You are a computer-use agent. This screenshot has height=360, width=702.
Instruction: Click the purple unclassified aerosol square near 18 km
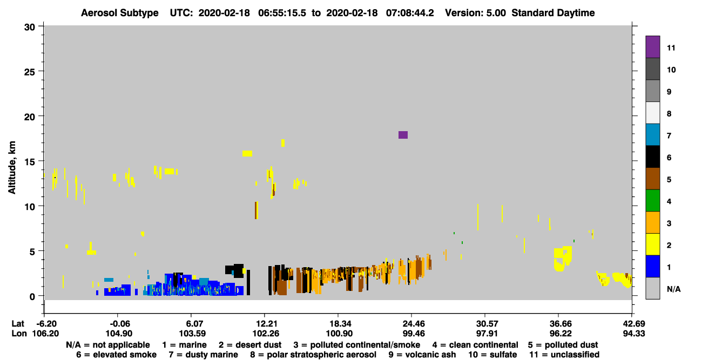[403, 135]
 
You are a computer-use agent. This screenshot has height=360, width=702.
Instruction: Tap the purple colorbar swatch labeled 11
[652, 47]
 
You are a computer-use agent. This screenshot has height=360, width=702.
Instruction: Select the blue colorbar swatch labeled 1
[652, 266]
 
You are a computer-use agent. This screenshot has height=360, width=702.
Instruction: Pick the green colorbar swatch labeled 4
[652, 201]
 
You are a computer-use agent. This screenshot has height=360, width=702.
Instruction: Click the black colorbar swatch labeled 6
[652, 157]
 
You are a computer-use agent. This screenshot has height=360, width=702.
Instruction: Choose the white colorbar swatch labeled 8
[652, 113]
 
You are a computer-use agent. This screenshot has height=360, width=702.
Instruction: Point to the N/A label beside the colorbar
[673, 289]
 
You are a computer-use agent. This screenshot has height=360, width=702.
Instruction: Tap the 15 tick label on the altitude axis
[30, 162]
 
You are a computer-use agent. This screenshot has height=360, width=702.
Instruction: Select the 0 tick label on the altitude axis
[32, 297]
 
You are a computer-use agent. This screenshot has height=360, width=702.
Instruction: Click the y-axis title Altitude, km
[11, 168]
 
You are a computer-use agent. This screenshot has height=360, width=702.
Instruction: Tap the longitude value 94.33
[633, 334]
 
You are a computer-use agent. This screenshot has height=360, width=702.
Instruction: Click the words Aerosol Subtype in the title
[120, 13]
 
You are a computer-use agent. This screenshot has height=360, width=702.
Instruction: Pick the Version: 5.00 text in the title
[475, 13]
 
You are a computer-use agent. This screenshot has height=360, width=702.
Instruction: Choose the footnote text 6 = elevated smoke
[116, 355]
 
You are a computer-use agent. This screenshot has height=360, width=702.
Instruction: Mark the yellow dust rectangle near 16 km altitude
[247, 153]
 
